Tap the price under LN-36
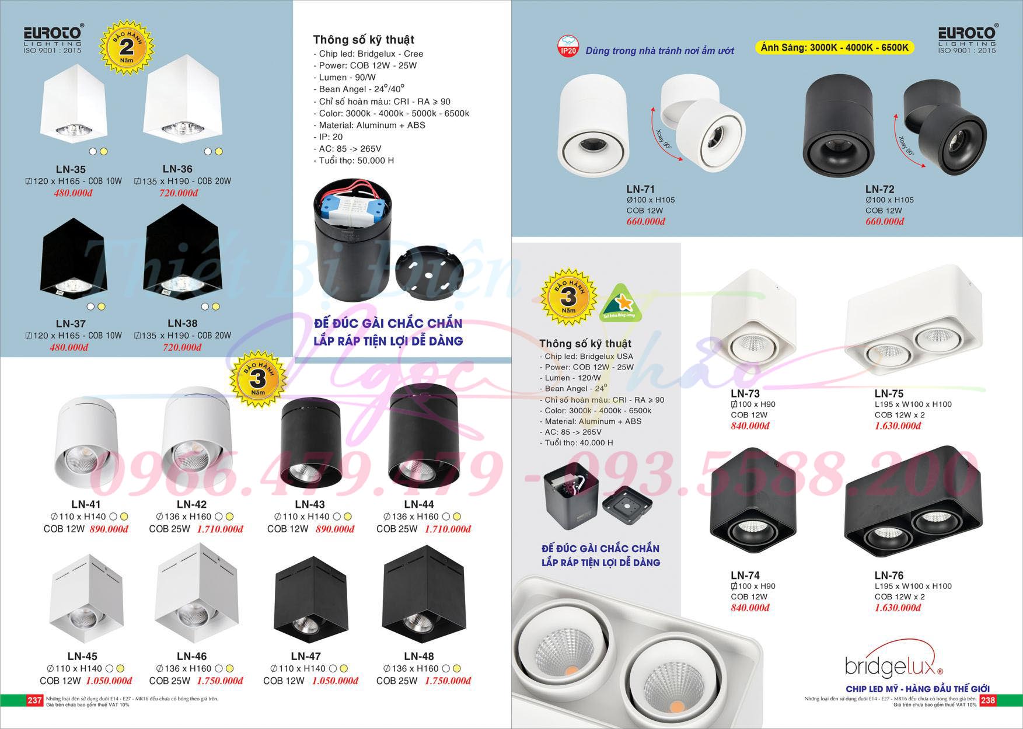[179, 193]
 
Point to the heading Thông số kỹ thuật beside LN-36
[364, 40]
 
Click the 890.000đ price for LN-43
[334, 529]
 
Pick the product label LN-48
[418, 657]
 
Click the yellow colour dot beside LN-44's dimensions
[457, 517]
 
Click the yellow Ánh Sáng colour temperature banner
[834, 48]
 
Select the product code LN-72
[880, 189]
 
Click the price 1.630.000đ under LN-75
[898, 426]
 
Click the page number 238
[987, 700]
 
